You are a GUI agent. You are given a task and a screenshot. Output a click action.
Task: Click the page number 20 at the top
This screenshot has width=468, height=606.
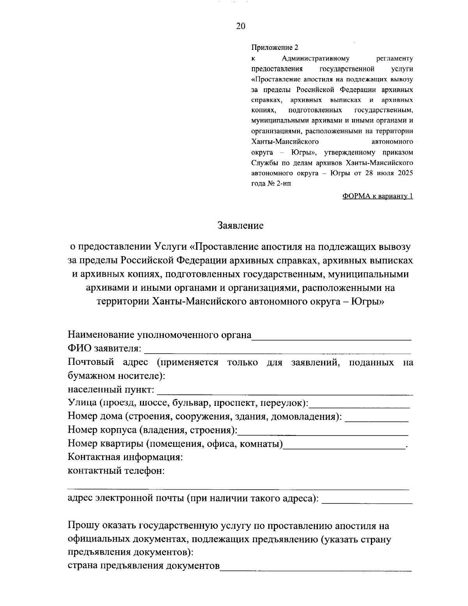[x=241, y=26]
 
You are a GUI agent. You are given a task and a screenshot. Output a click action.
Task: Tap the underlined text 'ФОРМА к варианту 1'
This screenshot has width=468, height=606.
[x=377, y=196]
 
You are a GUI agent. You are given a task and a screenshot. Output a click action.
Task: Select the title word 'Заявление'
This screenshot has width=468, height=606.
[x=240, y=226]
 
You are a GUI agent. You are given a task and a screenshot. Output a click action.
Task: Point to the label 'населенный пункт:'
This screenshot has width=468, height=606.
[x=111, y=390]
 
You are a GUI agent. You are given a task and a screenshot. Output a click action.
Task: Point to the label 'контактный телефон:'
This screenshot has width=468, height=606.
[x=116, y=471]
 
